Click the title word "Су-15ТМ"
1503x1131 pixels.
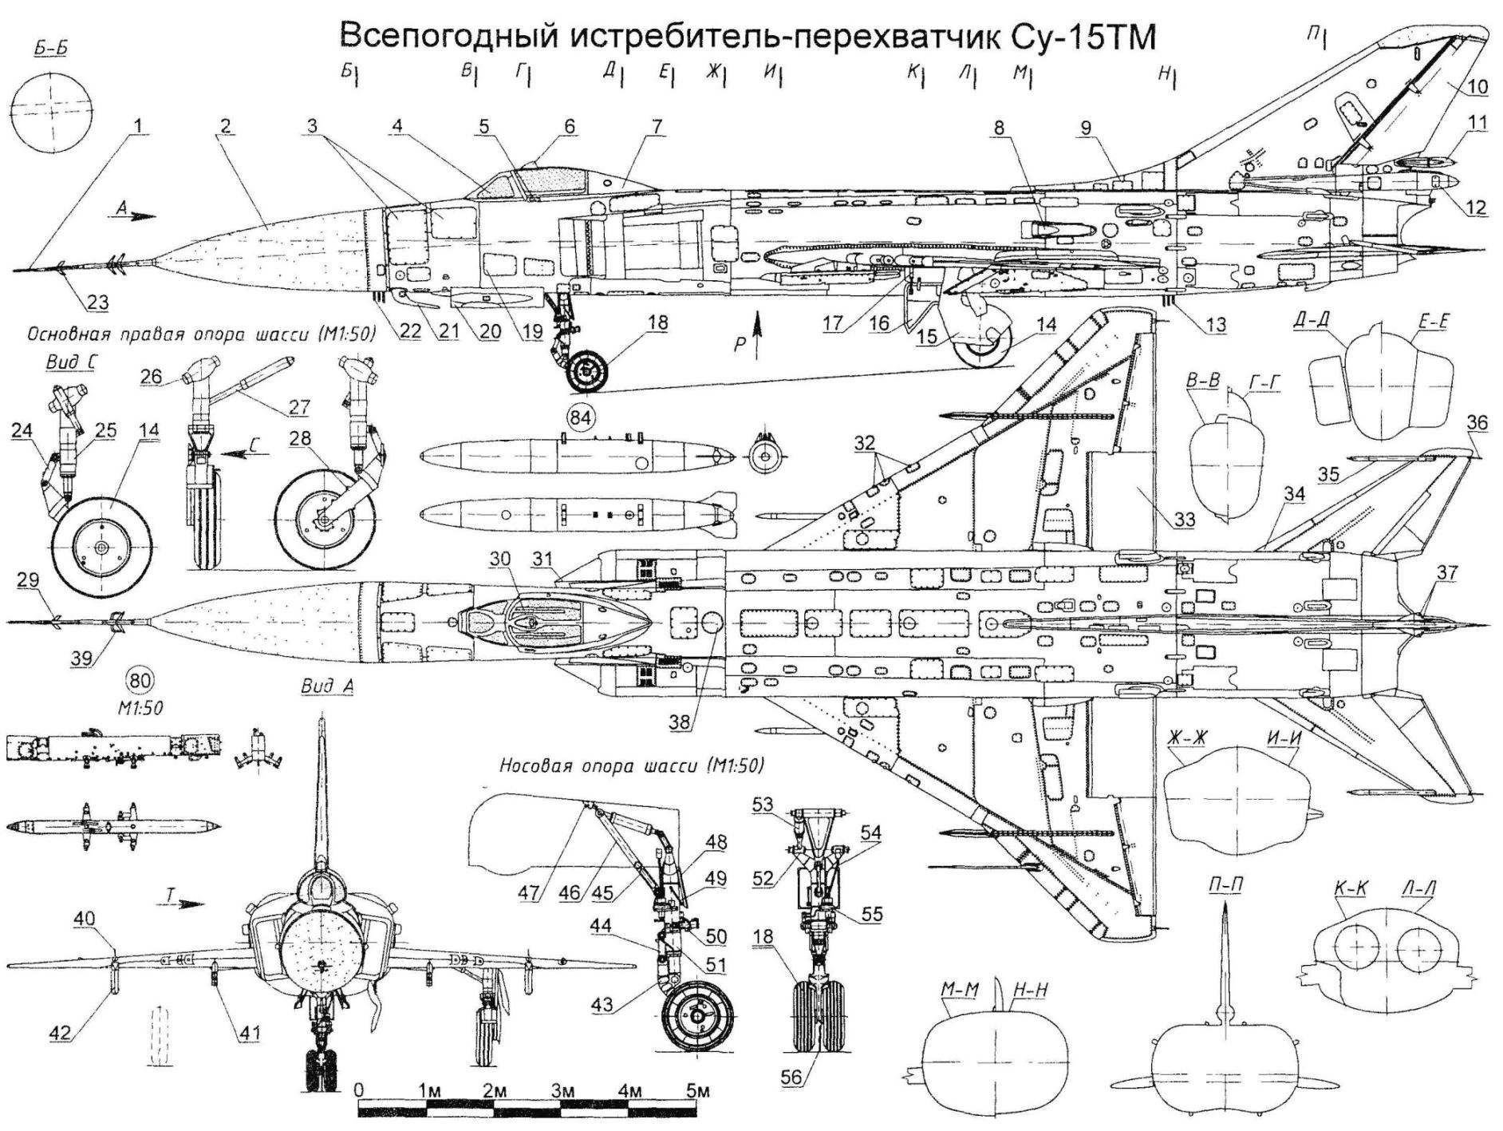point(1064,38)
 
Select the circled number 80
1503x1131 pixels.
point(141,681)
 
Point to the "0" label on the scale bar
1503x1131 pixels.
point(360,1090)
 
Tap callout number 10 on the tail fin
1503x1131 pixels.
point(1477,85)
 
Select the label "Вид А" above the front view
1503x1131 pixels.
point(328,686)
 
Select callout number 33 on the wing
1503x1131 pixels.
point(1184,520)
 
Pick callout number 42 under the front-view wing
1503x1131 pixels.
point(61,1032)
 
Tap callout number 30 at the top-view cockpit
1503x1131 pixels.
point(500,560)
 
